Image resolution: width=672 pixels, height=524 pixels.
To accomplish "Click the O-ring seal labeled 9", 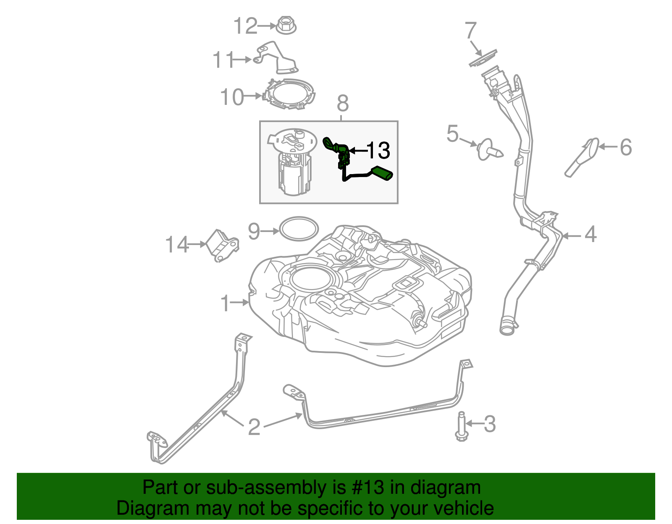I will coord(299,229).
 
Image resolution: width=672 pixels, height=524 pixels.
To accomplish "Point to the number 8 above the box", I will coord(343,103).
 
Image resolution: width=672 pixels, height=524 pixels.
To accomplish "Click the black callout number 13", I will coord(378,150).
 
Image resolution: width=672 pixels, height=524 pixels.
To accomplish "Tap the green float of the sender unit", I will coord(382,173).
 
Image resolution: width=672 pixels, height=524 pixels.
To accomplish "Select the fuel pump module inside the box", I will coord(293,164).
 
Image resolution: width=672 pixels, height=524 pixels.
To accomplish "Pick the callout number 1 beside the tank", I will coord(225,303).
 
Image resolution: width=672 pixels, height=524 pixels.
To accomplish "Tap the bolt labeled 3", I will coord(461,426).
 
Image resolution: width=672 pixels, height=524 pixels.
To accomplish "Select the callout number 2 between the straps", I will coord(254,427).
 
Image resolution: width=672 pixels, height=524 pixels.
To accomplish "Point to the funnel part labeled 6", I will coord(582,157).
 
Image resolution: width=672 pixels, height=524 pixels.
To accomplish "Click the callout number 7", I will coord(471,31).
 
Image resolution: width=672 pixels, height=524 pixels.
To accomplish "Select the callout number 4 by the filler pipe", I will coord(590,234).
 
